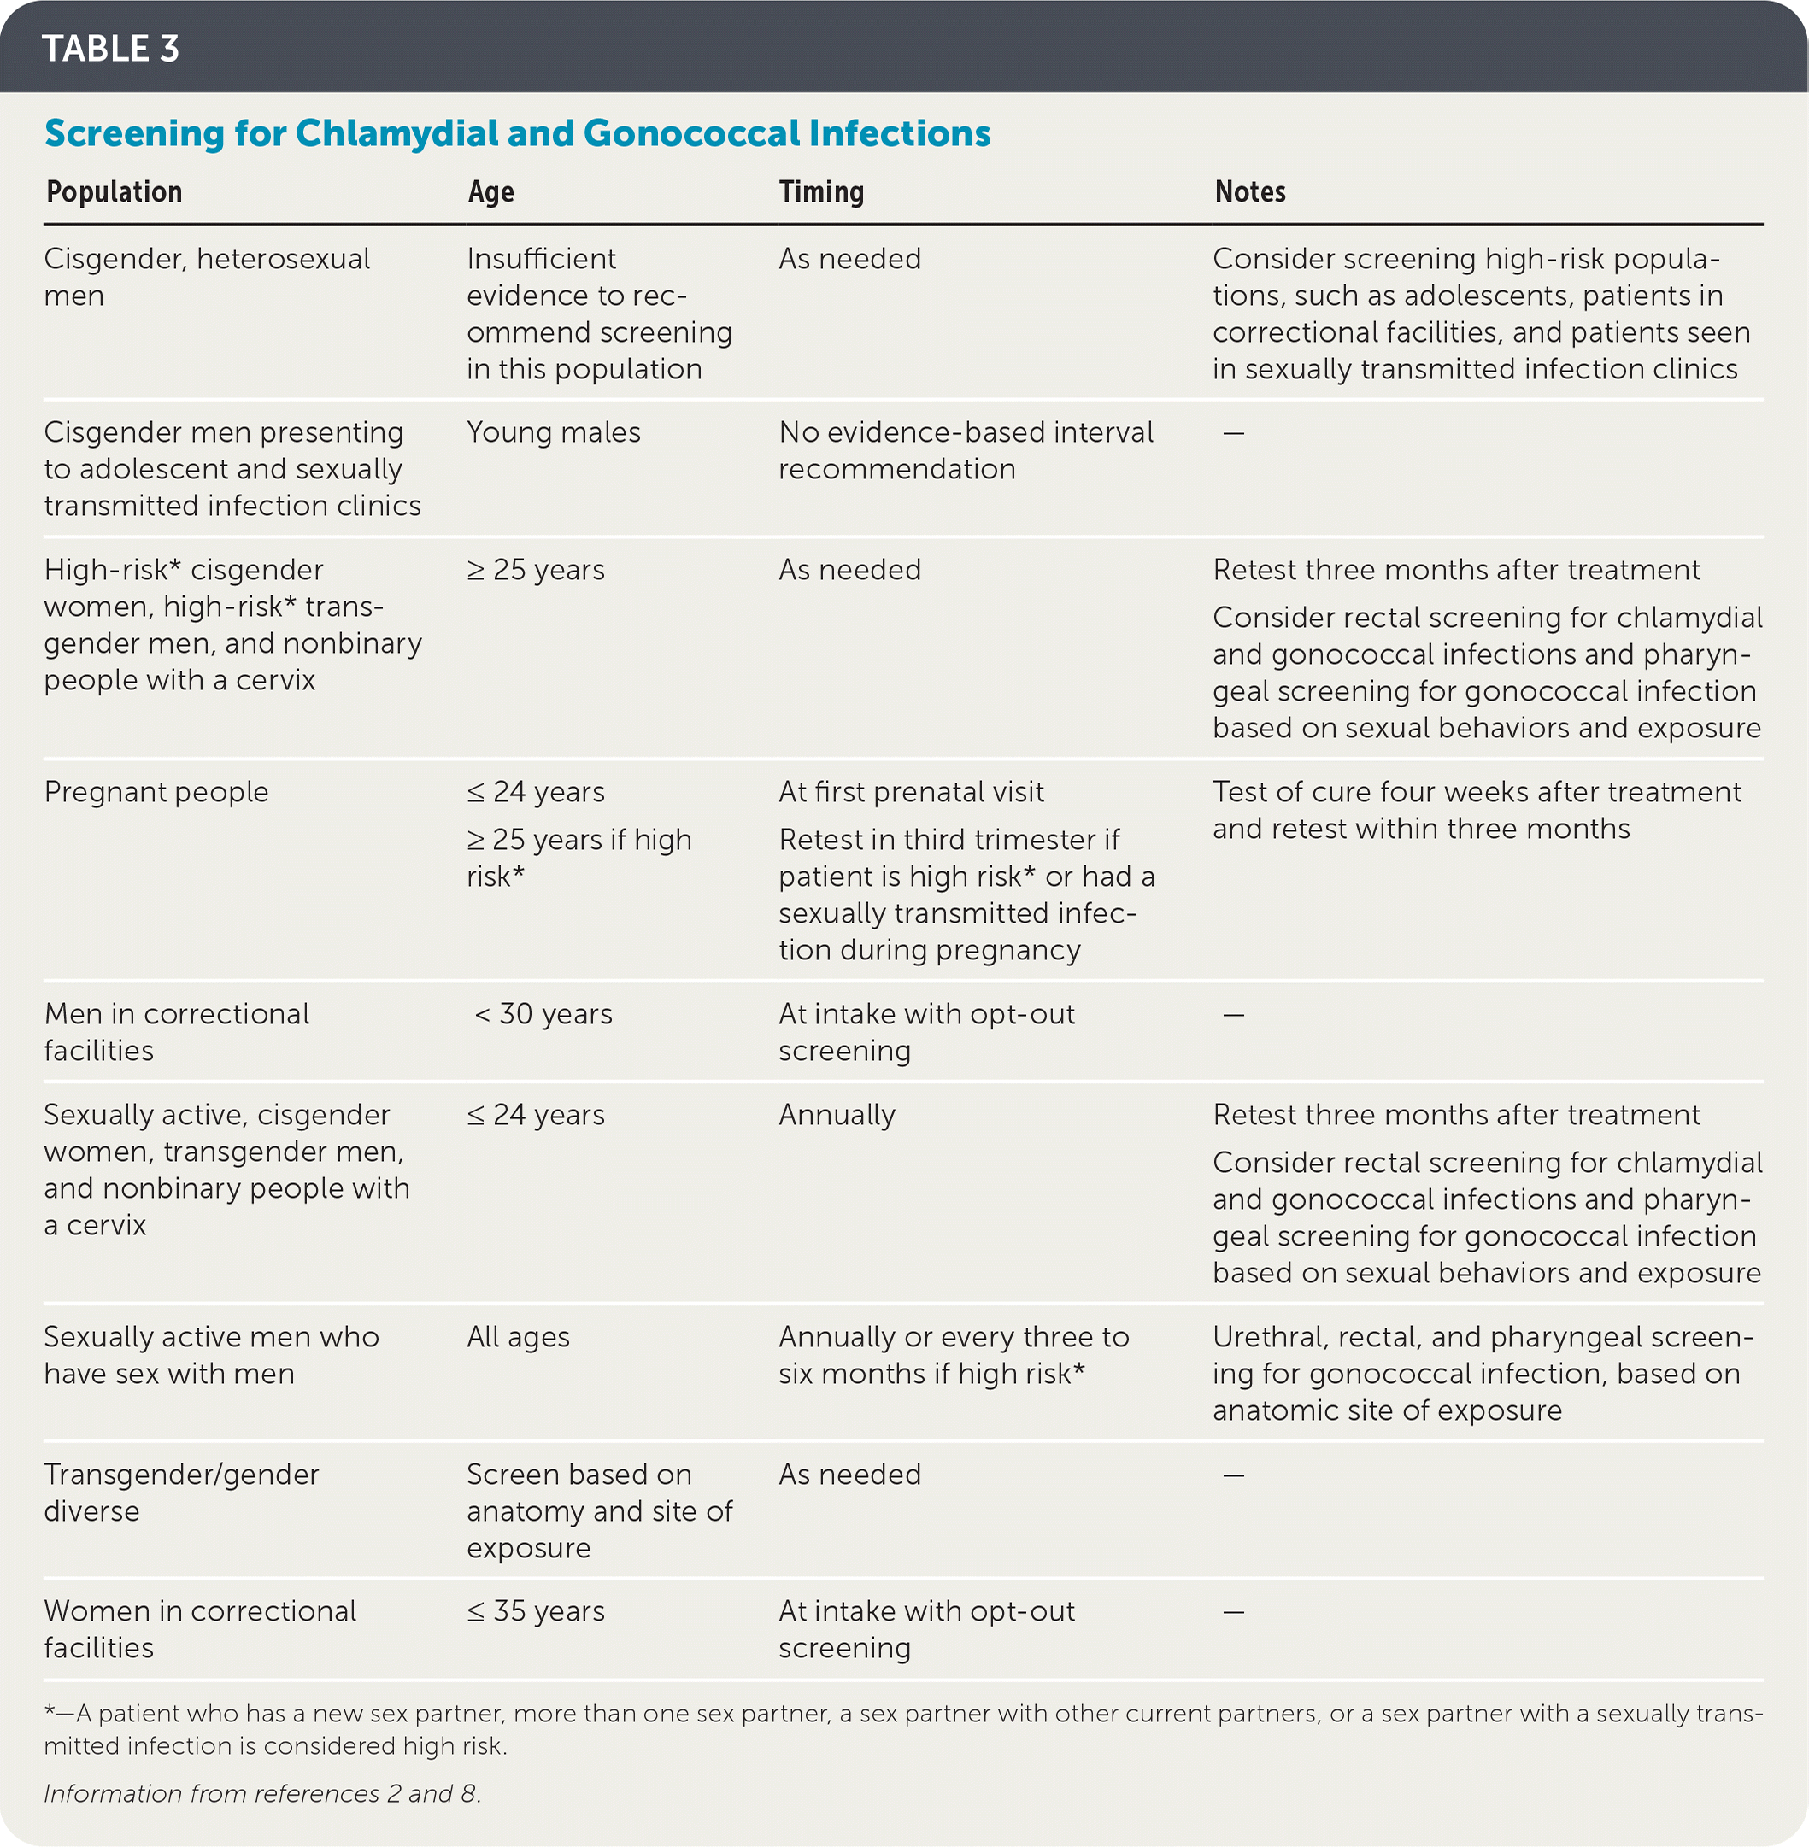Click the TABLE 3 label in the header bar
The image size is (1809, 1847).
[110, 49]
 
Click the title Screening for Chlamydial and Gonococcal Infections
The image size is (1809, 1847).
[517, 133]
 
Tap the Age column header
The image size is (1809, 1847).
[490, 192]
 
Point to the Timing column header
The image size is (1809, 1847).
[821, 192]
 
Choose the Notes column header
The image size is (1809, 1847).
[1249, 192]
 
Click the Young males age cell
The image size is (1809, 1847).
[553, 432]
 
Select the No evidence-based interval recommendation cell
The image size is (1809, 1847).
[966, 450]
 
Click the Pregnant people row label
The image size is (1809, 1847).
[156, 791]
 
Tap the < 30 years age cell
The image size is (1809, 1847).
[543, 1014]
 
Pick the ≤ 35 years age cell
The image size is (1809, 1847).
[536, 1610]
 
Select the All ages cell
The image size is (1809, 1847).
[518, 1337]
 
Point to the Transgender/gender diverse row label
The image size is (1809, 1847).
[180, 1492]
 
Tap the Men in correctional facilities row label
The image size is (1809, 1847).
[176, 1032]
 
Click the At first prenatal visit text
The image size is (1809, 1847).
[910, 791]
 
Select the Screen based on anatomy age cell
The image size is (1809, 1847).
[598, 1510]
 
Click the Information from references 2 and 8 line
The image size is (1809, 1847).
[262, 1793]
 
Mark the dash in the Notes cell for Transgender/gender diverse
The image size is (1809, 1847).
[1233, 1475]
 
